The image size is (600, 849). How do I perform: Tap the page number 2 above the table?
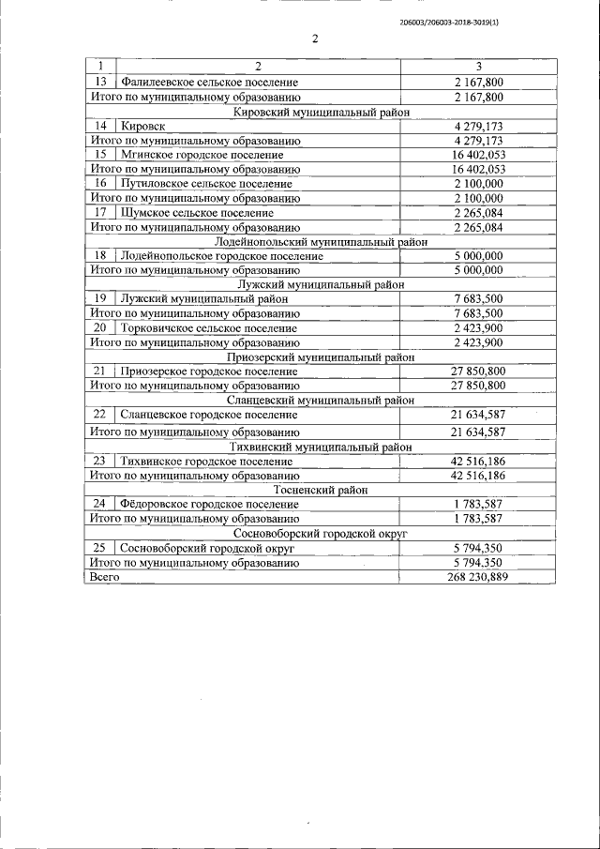click(x=315, y=39)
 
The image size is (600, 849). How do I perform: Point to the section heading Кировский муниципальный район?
click(x=322, y=111)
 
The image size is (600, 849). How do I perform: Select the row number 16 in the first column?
click(x=100, y=184)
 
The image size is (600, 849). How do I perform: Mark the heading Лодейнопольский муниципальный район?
click(x=322, y=241)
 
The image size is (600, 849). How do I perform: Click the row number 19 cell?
click(x=100, y=298)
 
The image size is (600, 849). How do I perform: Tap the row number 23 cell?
click(x=100, y=461)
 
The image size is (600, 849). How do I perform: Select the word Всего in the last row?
click(x=103, y=577)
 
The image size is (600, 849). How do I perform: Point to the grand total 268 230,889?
click(x=478, y=577)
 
